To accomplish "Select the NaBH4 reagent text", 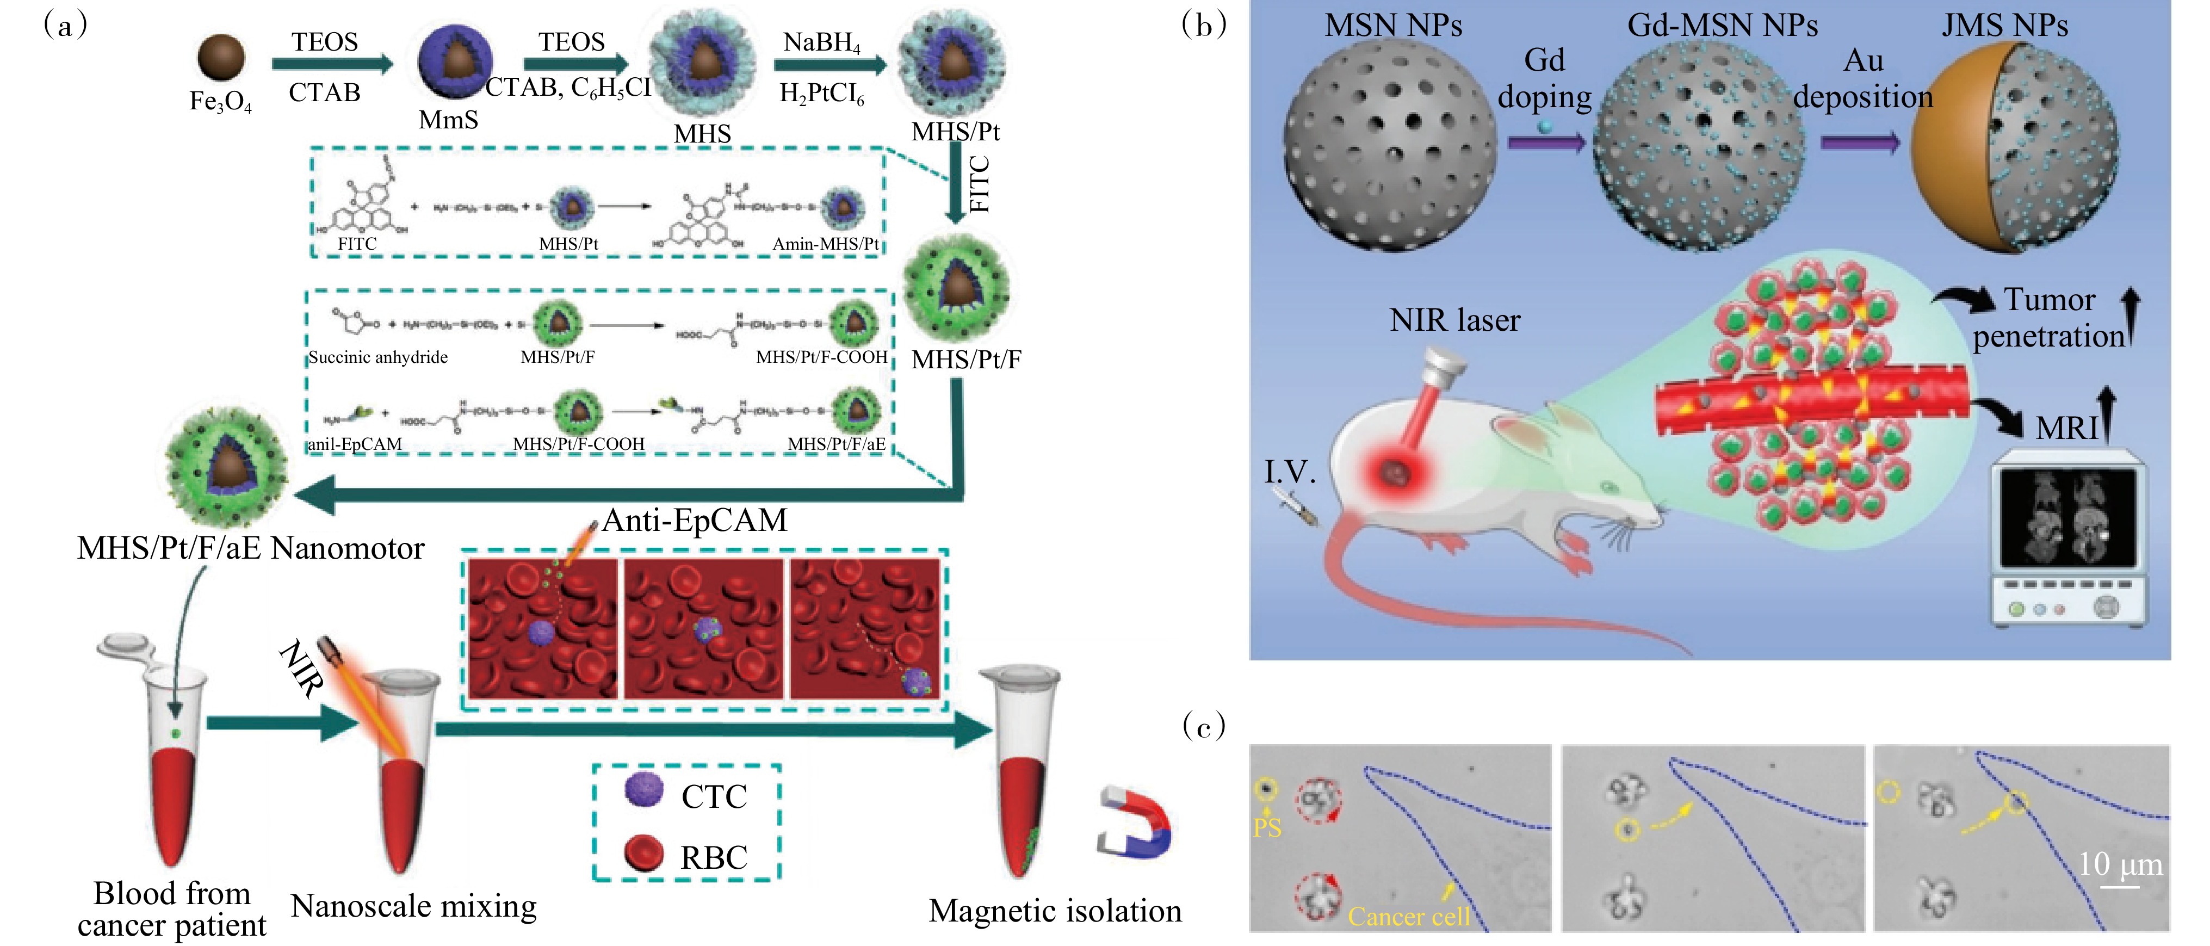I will point(821,42).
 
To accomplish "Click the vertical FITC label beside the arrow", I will point(979,184).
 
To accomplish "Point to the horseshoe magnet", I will point(1134,821).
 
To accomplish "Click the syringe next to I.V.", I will point(1298,508).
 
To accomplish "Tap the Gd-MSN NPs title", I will point(1722,26).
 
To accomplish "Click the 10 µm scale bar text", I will point(2120,864).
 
